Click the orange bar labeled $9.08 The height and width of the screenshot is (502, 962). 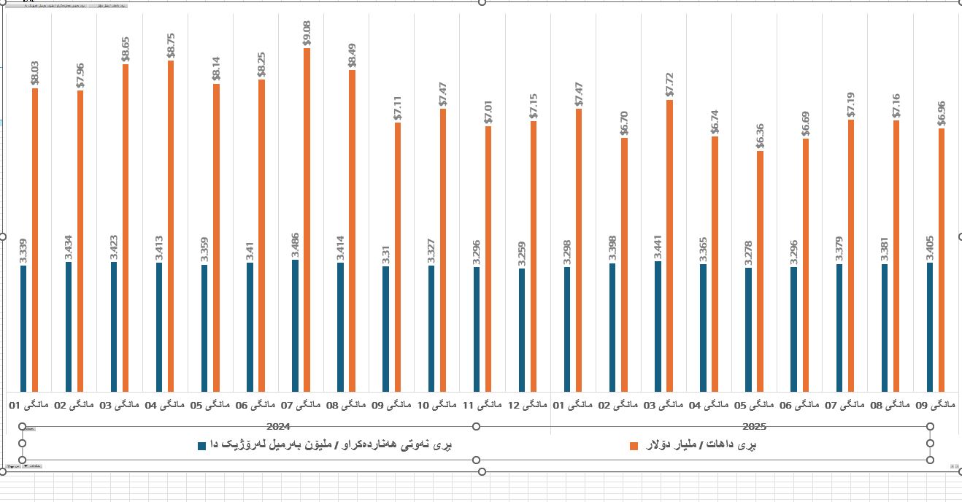[x=307, y=219]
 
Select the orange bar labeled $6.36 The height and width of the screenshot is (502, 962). [x=760, y=271]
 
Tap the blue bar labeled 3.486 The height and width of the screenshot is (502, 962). [x=295, y=325]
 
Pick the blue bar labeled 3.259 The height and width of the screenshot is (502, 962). [x=522, y=330]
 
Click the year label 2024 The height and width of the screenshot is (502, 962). [x=279, y=426]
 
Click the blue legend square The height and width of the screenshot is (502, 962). [x=202, y=445]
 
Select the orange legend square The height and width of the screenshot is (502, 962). [x=634, y=445]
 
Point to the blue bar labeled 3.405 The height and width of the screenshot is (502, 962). [x=930, y=327]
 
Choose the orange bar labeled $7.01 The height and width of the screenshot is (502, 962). [x=488, y=259]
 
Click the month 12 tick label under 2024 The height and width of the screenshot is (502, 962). [x=527, y=404]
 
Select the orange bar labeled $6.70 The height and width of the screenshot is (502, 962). [x=624, y=264]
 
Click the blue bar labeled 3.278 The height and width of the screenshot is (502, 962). [x=748, y=330]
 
